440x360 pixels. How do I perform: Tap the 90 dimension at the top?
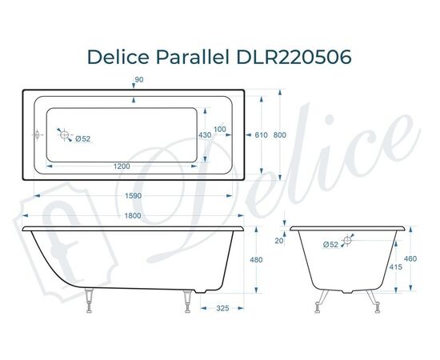click(139, 79)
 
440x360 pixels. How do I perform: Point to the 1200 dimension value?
click(122, 166)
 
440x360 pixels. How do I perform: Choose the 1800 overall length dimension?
click(133, 215)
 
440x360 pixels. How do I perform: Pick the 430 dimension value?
click(205, 135)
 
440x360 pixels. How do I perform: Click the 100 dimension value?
click(220, 129)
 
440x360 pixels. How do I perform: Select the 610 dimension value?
click(261, 135)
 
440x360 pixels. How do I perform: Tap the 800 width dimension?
click(279, 135)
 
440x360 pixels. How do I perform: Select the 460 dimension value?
click(410, 258)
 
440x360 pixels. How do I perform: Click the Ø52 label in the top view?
click(82, 139)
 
